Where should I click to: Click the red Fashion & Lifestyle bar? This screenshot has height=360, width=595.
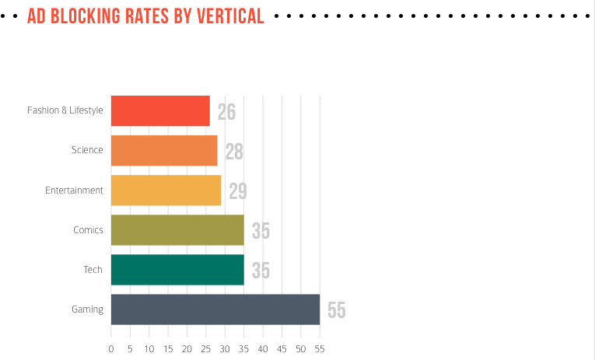[x=160, y=110]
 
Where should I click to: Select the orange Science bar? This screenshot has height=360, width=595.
[x=164, y=150]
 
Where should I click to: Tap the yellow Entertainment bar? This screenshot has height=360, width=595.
[x=166, y=190]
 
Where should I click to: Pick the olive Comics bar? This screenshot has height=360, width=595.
[x=177, y=229]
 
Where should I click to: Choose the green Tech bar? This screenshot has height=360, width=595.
[x=177, y=269]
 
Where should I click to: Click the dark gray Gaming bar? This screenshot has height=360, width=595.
[x=215, y=309]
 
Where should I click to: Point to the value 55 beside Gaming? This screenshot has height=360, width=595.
[x=336, y=310]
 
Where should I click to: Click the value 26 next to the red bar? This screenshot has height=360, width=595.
[x=226, y=112]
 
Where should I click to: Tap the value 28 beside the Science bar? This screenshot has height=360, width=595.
[x=234, y=152]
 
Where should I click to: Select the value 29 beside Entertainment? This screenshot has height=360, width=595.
[x=238, y=191]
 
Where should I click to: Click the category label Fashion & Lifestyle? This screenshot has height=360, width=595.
[x=65, y=110]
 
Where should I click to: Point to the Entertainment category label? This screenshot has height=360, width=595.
[x=74, y=190]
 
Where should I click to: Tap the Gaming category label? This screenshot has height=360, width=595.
[x=87, y=309]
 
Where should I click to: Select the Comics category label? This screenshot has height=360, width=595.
[x=88, y=229]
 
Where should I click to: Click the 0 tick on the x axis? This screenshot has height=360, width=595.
[x=111, y=348]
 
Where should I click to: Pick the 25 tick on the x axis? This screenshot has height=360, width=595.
[x=206, y=348]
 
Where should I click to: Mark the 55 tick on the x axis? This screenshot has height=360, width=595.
[x=320, y=348]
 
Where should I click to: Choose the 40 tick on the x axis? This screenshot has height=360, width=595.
[x=263, y=348]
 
